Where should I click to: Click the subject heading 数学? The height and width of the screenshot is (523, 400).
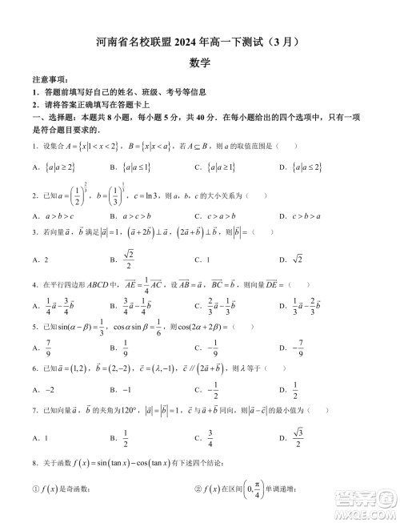200,61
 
